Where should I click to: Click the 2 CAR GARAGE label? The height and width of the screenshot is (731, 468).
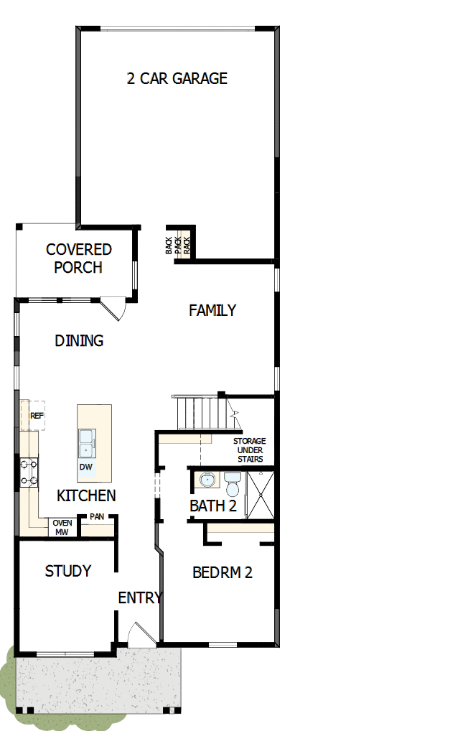click(177, 79)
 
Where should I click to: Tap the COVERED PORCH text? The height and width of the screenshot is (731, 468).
click(78, 259)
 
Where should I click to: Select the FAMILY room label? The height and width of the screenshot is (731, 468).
click(212, 310)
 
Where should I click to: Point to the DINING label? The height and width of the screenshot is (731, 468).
click(79, 340)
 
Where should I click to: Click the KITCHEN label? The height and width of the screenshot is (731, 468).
click(86, 495)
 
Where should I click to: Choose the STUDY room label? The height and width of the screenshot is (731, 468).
click(68, 571)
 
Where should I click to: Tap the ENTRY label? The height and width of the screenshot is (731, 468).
click(140, 597)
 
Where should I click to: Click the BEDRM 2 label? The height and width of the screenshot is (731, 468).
click(223, 573)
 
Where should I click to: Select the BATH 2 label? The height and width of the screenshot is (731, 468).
click(212, 506)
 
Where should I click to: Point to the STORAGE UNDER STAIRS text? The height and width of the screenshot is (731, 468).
click(248, 450)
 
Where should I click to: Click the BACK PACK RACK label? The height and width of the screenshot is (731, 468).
click(178, 246)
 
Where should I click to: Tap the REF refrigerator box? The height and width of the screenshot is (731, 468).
click(36, 416)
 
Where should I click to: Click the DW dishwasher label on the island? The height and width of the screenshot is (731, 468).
click(86, 467)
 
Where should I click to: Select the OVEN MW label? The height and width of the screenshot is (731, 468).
click(62, 528)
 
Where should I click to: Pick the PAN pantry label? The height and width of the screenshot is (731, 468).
click(97, 517)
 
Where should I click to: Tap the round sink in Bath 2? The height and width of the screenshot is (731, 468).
click(207, 479)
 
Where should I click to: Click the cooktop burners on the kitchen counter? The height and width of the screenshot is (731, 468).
click(29, 472)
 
